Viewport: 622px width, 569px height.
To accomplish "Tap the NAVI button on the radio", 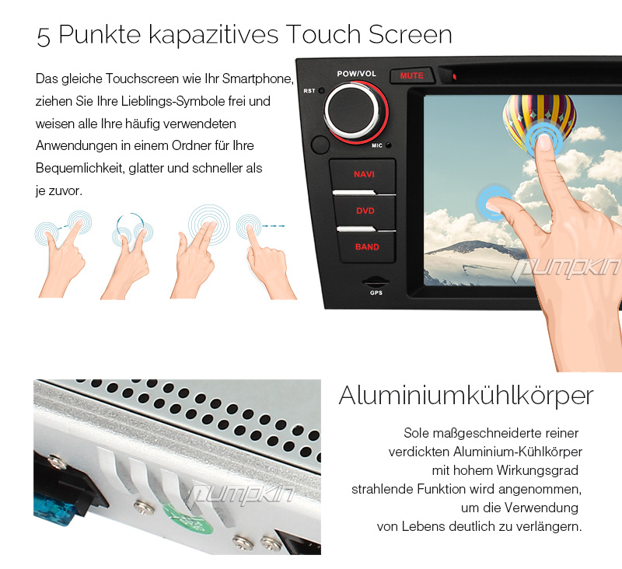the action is (x=363, y=175).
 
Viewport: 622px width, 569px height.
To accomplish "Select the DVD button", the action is (x=365, y=211).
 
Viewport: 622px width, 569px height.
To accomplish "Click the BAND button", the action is (x=367, y=247).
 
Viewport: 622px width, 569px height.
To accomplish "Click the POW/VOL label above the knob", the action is (x=356, y=74).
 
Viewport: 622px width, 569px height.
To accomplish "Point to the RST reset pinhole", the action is (x=321, y=90).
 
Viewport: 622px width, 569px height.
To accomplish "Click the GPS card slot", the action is (x=376, y=282).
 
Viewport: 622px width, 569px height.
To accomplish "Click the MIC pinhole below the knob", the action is (x=388, y=145).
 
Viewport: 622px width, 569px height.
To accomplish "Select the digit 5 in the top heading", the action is (x=44, y=37).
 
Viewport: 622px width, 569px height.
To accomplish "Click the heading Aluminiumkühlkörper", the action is (x=466, y=396).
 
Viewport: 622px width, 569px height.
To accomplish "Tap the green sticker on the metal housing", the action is (x=188, y=518).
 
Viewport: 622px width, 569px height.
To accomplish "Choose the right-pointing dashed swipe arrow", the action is (x=274, y=226).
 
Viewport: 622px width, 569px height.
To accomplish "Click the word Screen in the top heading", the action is (x=411, y=34).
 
